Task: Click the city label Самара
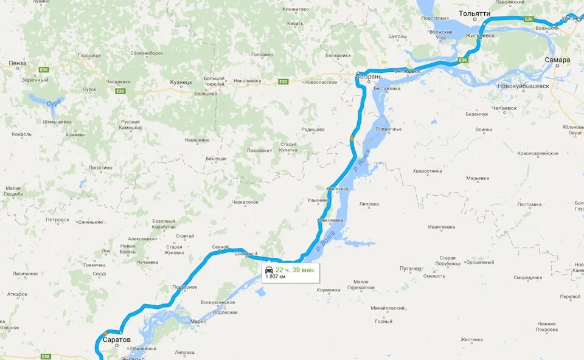557,60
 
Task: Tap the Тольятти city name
474,13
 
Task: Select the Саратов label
116,339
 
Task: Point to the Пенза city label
18,63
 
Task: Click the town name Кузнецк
181,82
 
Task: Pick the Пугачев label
410,268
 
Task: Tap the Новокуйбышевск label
523,86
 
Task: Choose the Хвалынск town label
338,189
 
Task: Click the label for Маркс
198,321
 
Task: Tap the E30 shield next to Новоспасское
283,81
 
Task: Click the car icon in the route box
269,269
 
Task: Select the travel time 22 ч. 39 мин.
295,270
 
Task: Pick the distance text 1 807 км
276,277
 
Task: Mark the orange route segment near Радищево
352,139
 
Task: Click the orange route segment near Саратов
106,333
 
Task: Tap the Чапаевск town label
504,108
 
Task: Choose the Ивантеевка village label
442,227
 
